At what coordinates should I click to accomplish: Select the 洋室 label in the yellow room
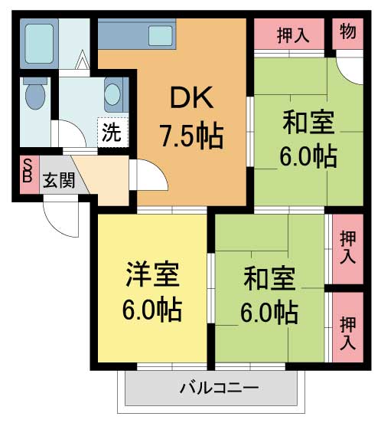click(x=153, y=274)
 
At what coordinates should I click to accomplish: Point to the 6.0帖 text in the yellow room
click(x=153, y=310)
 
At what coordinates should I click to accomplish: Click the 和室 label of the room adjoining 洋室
click(x=269, y=277)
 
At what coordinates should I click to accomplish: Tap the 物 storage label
click(x=347, y=33)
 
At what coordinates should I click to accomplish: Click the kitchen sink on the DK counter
click(x=161, y=34)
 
